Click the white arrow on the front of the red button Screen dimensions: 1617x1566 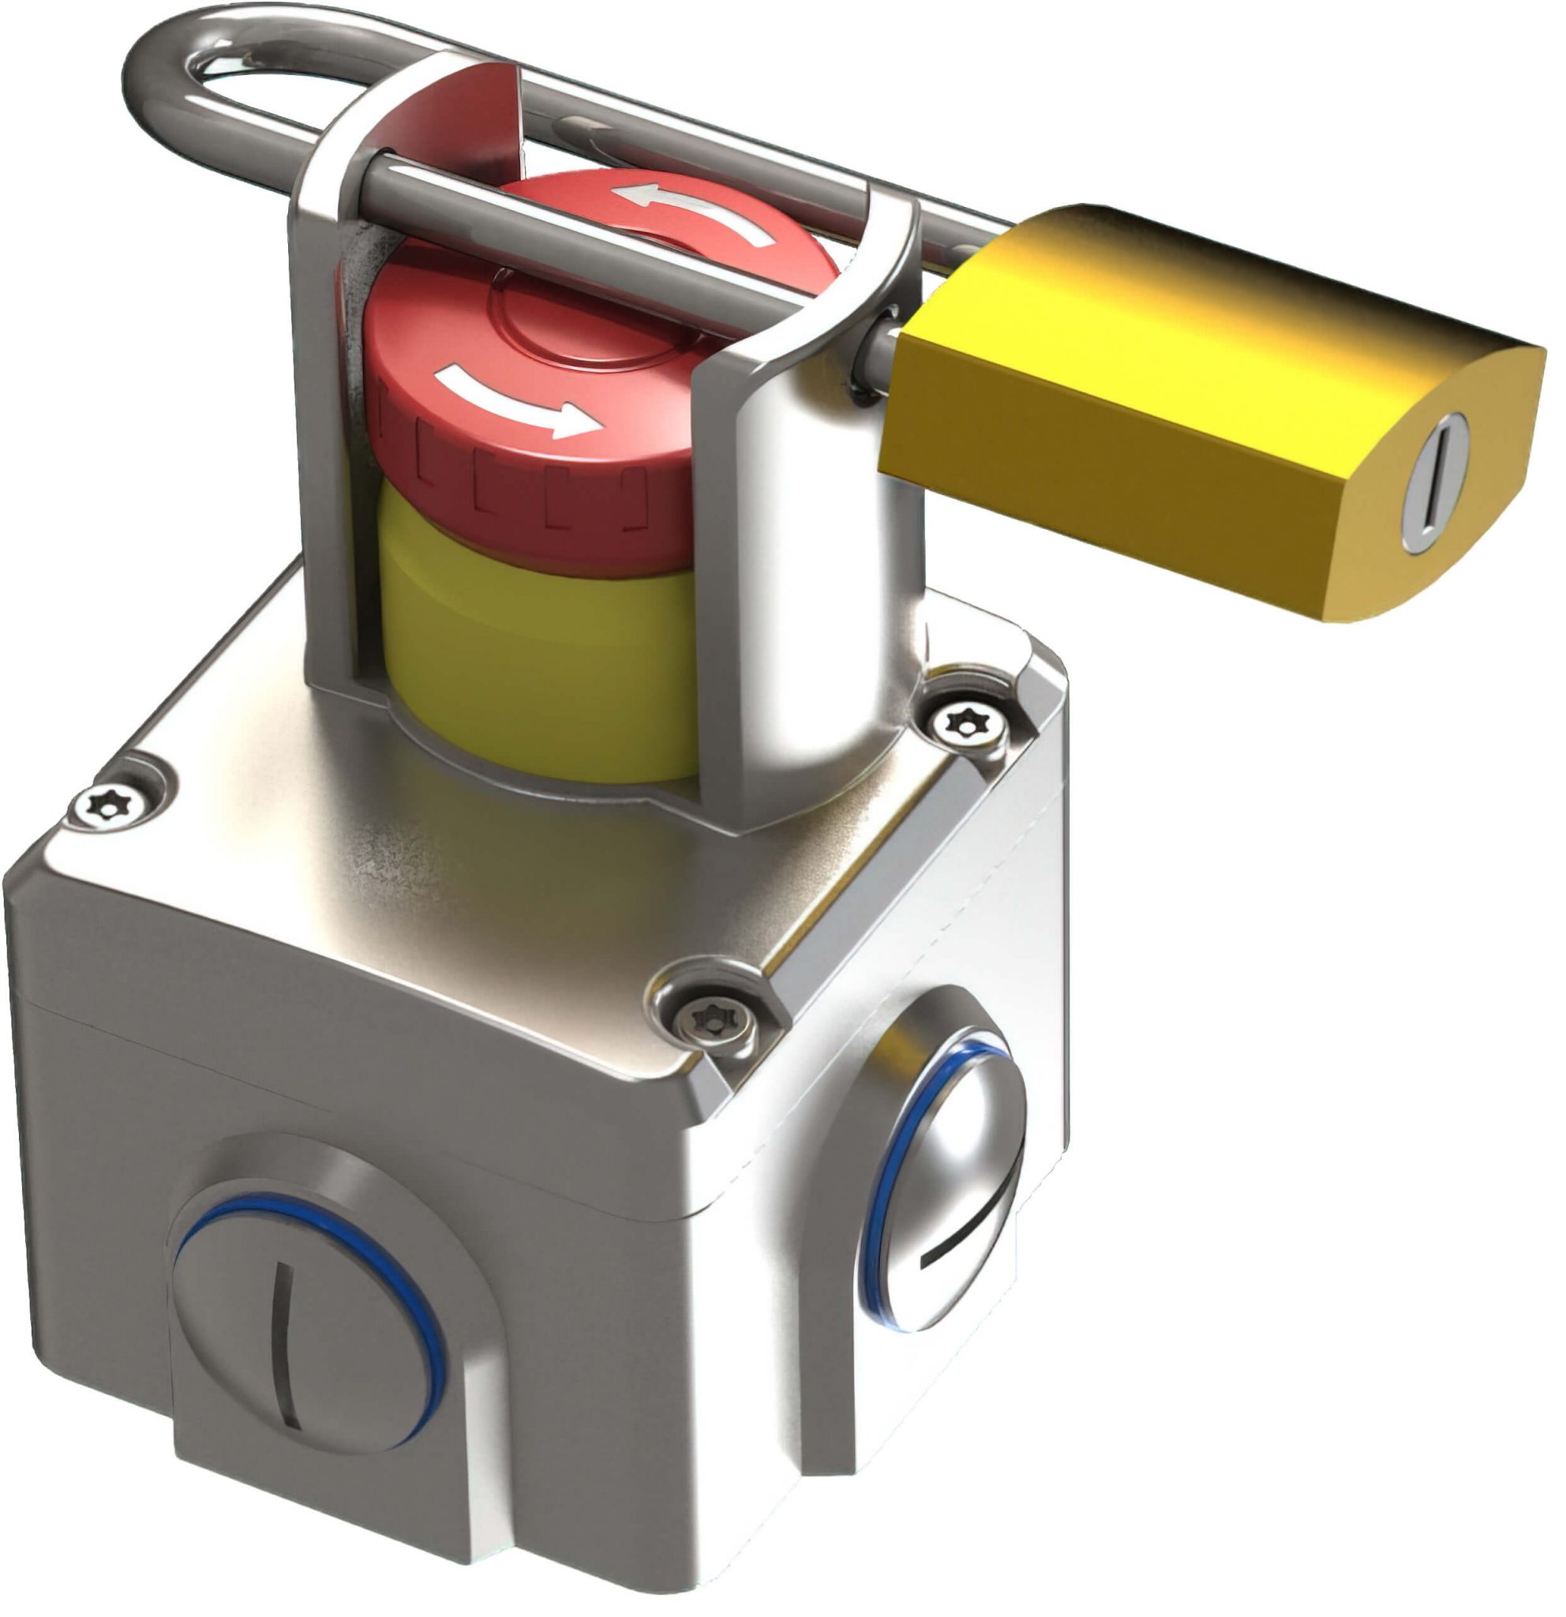pos(519,402)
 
